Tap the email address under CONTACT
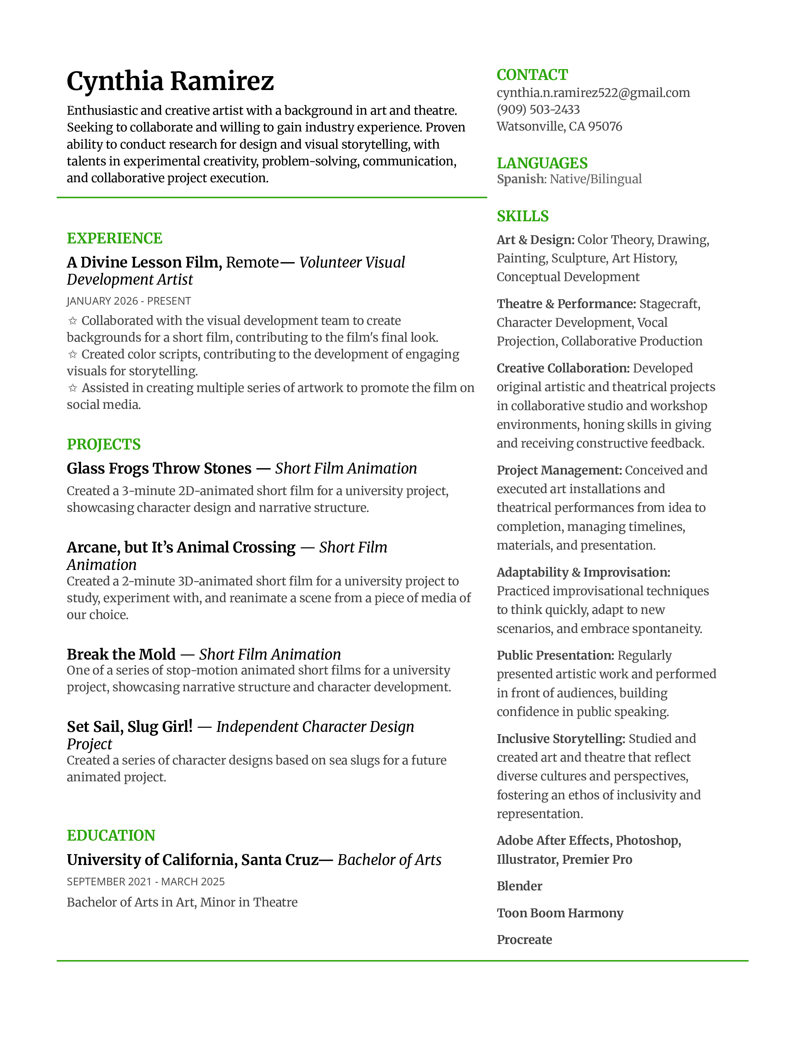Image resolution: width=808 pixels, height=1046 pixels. tap(593, 93)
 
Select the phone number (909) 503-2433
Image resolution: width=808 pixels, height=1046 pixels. tap(538, 110)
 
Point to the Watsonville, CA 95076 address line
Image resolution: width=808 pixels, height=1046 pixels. tap(559, 126)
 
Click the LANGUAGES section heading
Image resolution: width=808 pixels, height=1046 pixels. tap(542, 163)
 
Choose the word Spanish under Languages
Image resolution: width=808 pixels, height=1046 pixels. tap(520, 179)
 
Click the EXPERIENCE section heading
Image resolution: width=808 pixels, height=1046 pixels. tap(114, 238)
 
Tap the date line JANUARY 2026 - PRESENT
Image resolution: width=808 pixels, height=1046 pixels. tap(129, 301)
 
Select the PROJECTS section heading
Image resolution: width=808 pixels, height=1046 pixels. tap(103, 444)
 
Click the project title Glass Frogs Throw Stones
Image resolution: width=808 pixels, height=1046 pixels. tap(159, 468)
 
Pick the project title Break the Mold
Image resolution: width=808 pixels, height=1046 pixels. tap(121, 654)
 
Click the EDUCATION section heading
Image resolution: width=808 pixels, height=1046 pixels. tap(111, 836)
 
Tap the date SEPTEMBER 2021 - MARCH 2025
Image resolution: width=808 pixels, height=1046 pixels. tap(145, 882)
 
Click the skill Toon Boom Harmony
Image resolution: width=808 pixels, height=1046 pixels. tap(560, 913)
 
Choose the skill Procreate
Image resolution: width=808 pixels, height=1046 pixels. tap(524, 940)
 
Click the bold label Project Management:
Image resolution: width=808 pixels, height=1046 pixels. tap(559, 470)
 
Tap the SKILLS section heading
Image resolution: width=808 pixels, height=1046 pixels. tap(523, 216)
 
